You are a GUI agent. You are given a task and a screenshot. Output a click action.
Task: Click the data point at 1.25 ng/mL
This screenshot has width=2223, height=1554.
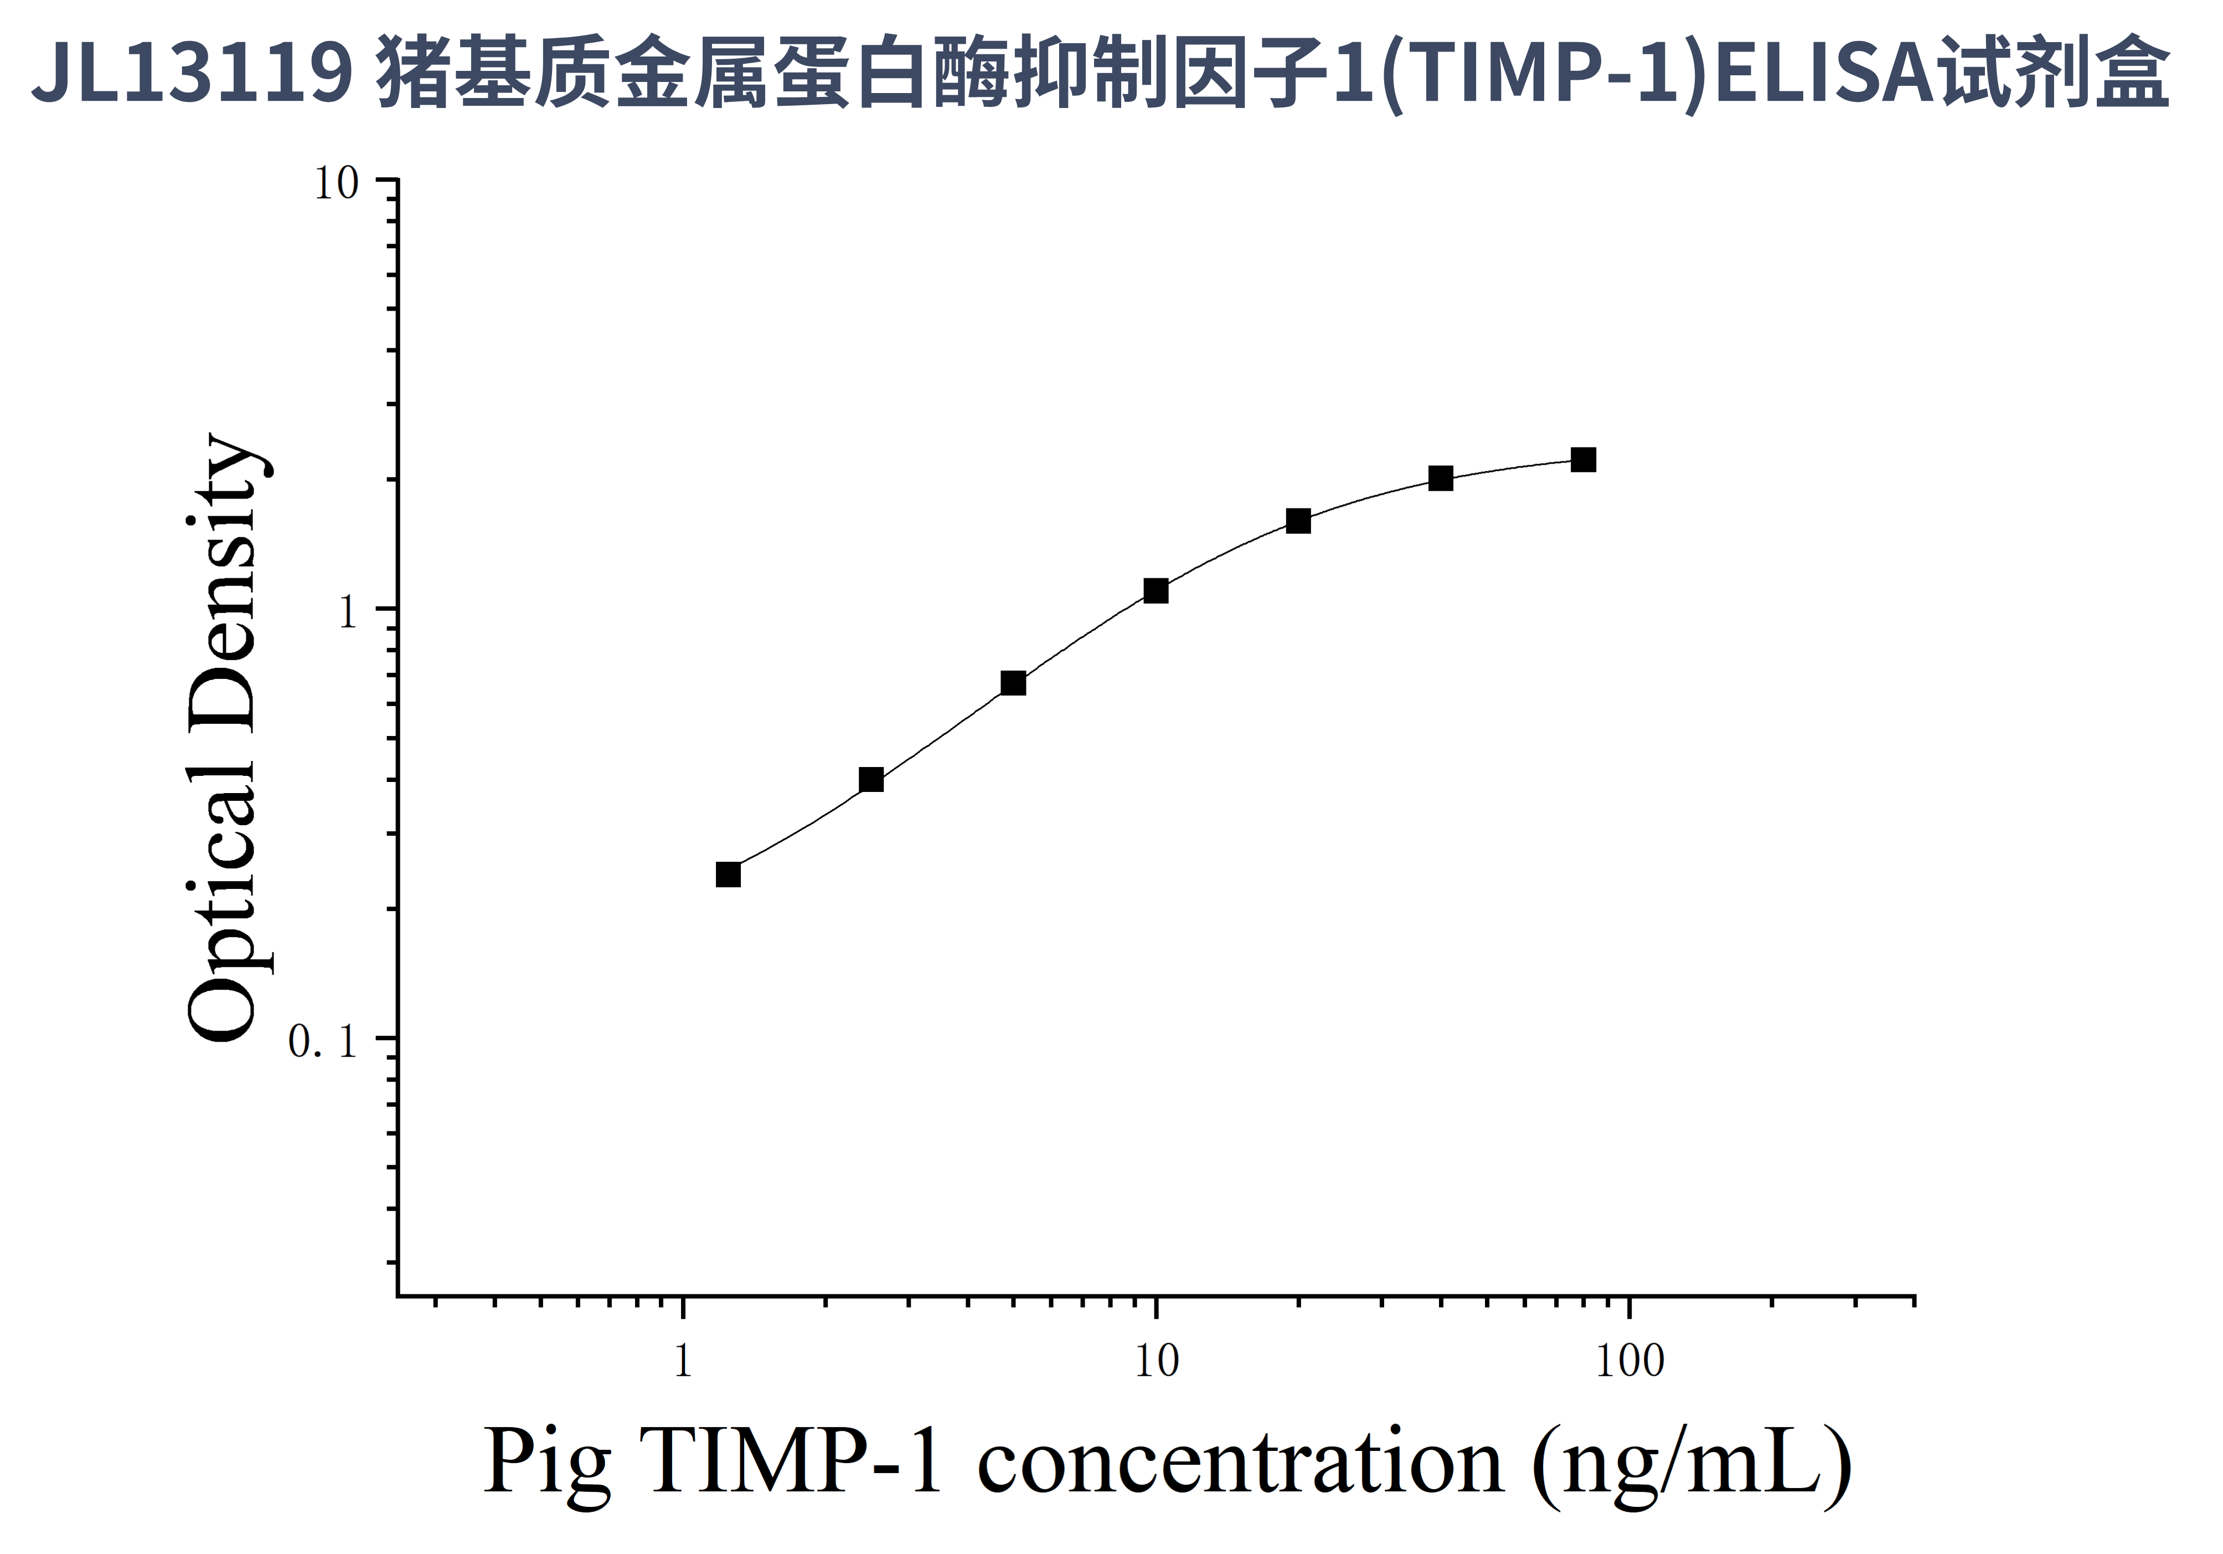pos(728,874)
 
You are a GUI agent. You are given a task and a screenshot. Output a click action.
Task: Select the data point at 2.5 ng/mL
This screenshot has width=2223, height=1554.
pos(871,779)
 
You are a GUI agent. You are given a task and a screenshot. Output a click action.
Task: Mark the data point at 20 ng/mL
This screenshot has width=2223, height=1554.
pos(1298,521)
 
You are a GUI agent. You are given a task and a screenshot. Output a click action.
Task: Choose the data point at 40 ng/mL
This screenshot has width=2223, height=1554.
pos(1441,478)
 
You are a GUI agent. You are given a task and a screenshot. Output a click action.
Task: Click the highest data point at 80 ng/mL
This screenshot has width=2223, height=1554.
pos(1583,460)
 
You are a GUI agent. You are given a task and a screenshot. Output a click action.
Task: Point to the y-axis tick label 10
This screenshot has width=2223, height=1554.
pos(336,184)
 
